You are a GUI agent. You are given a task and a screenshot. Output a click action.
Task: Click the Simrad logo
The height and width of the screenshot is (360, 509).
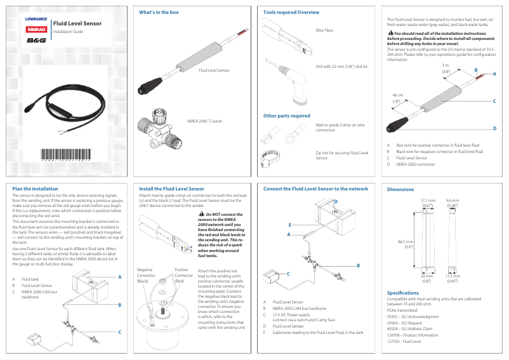(36, 29)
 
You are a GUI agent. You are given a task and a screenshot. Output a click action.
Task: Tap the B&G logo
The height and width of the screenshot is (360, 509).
(36, 40)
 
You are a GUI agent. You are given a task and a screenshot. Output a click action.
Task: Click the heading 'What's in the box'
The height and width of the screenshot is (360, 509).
(159, 12)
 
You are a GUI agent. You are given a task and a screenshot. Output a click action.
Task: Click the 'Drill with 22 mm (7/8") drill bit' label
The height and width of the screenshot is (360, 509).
(341, 66)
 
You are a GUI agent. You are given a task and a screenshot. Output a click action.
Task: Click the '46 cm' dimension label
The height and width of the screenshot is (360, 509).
(397, 98)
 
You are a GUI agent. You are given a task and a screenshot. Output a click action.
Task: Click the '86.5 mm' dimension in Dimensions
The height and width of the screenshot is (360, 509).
(406, 244)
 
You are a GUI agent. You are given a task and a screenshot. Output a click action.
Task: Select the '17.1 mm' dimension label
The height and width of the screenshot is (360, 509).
(428, 203)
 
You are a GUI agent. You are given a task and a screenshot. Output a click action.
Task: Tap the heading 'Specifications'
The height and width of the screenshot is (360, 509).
(403, 292)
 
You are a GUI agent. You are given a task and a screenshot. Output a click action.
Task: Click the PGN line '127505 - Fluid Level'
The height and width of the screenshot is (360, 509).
(404, 341)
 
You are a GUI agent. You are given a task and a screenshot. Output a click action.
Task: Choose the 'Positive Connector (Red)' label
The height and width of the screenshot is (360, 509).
(184, 275)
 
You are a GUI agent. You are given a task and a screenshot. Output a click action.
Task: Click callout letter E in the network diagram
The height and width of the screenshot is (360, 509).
(289, 225)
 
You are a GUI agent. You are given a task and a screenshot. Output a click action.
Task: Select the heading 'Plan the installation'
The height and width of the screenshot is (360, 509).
(36, 189)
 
